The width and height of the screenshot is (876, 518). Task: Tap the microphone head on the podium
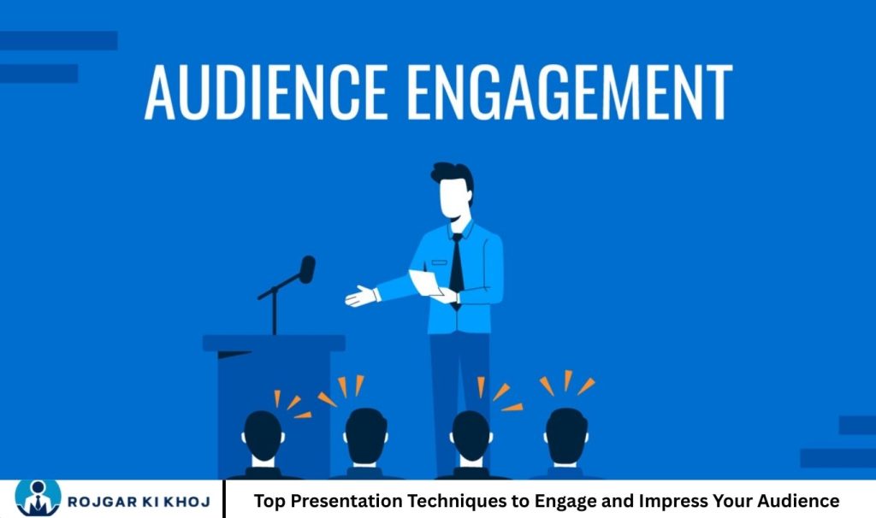306,269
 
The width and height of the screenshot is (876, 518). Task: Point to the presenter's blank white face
454,198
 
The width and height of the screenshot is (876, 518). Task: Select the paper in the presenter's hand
425,282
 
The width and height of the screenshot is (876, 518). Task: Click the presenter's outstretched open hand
362,296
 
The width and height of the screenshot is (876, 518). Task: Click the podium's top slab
274,343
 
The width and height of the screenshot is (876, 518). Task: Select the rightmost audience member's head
565,434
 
